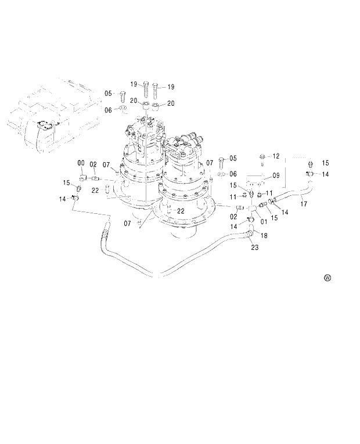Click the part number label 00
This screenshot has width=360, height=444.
81,163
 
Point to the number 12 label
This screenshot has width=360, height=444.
276,156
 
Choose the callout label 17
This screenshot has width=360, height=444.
303,203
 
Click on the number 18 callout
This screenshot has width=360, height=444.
264,236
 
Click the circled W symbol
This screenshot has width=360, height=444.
327,278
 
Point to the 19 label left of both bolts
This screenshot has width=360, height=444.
133,84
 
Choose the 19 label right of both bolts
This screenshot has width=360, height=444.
171,87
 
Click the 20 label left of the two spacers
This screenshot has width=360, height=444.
133,101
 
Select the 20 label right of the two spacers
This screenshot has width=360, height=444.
171,103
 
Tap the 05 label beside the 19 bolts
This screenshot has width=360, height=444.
108,93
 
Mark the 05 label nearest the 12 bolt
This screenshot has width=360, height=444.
233,158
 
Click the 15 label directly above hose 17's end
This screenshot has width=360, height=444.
325,163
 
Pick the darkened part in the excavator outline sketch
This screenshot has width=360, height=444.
45,125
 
